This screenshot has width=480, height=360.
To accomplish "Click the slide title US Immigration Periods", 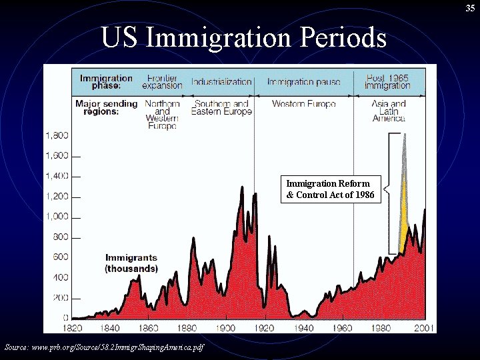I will click(243, 38).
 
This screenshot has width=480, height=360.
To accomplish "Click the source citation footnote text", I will click(104, 347).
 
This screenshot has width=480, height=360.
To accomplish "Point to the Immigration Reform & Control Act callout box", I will click(331, 189).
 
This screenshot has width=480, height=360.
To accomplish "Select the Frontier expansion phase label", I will click(162, 82).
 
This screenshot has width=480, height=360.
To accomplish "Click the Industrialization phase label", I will click(221, 82).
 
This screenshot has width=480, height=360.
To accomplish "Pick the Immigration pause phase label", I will click(303, 82).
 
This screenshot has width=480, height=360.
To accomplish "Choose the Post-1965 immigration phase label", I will click(387, 82).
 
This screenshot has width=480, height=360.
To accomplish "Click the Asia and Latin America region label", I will click(389, 111).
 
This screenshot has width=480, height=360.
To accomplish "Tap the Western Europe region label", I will click(303, 104).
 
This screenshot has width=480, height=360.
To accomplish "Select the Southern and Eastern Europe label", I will click(221, 108).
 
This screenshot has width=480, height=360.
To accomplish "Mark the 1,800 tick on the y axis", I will click(57, 135).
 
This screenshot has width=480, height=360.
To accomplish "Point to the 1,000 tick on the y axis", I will click(57, 217).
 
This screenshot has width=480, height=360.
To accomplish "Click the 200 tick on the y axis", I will click(60, 298).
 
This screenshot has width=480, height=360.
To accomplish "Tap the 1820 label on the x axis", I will click(72, 327).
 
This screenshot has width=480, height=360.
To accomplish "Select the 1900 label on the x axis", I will click(226, 327).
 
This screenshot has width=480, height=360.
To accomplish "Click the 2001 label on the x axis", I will click(424, 327).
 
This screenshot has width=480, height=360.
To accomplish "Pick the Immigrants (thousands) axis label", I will click(131, 263).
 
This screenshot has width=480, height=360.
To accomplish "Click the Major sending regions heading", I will click(106, 107).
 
